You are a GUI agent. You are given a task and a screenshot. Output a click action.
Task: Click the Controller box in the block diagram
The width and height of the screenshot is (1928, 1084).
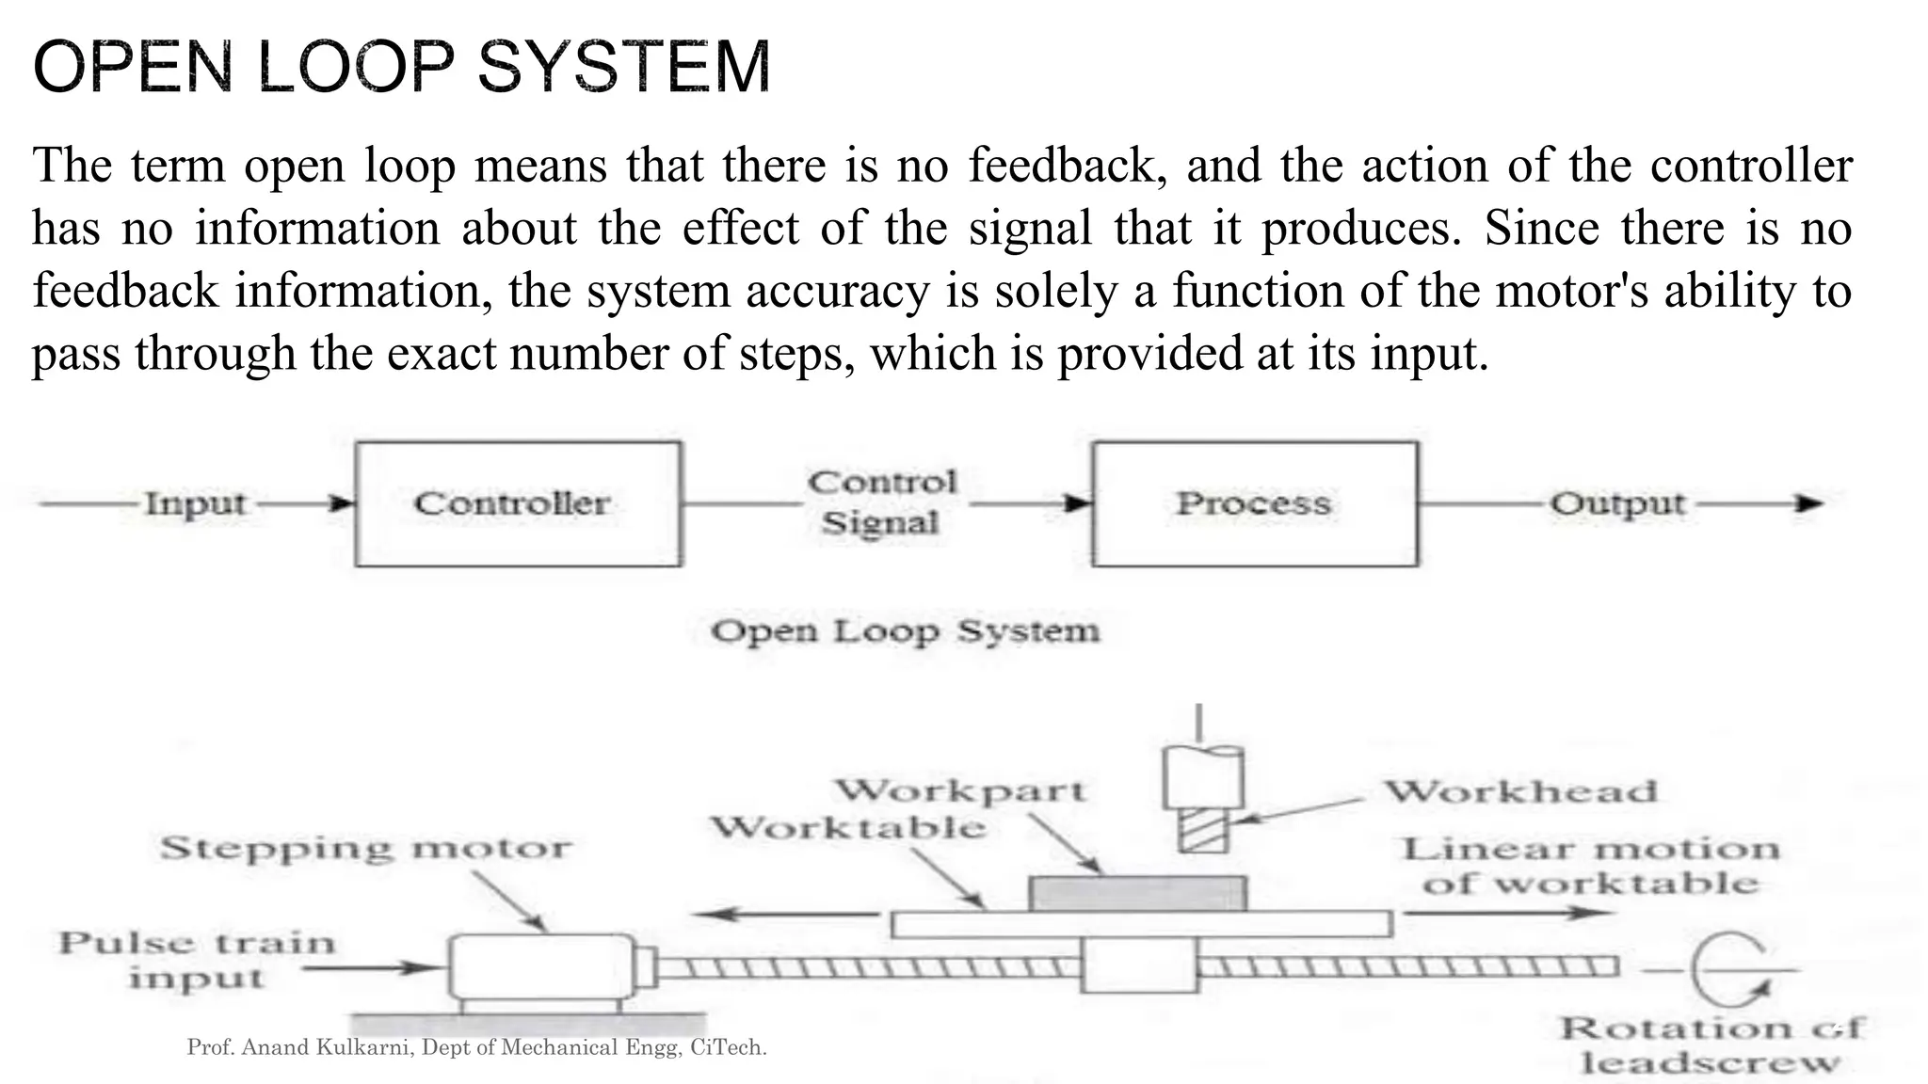(x=518, y=504)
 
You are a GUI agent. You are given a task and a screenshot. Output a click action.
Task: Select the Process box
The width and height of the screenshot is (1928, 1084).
(x=1254, y=504)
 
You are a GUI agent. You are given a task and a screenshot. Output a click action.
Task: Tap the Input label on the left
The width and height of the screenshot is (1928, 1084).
(x=195, y=504)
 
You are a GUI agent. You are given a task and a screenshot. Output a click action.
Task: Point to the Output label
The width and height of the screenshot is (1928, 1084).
(x=1617, y=504)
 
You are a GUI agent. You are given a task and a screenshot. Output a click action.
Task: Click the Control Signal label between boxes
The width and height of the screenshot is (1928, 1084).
(x=881, y=502)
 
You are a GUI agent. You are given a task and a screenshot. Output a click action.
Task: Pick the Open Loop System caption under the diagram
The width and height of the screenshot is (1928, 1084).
(x=905, y=631)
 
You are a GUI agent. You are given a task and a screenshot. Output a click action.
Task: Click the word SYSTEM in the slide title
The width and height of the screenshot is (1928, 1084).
(x=624, y=68)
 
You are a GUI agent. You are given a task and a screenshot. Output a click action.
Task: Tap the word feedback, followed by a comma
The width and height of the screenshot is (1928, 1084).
(x=1066, y=166)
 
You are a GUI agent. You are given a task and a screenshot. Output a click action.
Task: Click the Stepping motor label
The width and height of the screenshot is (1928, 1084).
(x=365, y=848)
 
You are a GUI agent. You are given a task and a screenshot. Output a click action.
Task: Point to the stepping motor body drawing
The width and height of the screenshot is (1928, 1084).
(x=541, y=965)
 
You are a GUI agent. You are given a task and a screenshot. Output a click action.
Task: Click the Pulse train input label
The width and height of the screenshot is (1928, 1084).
(x=197, y=960)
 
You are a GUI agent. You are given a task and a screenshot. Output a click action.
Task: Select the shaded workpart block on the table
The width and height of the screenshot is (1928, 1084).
(x=1138, y=893)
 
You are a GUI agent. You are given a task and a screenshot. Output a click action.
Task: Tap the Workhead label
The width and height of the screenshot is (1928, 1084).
(x=1520, y=791)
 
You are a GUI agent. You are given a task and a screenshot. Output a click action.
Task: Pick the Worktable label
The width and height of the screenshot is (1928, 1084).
(x=848, y=828)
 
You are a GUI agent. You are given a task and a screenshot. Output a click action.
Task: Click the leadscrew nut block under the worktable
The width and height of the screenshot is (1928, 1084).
(x=1139, y=964)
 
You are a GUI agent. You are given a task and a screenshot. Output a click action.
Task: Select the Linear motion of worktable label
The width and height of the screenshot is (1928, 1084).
(x=1591, y=866)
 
